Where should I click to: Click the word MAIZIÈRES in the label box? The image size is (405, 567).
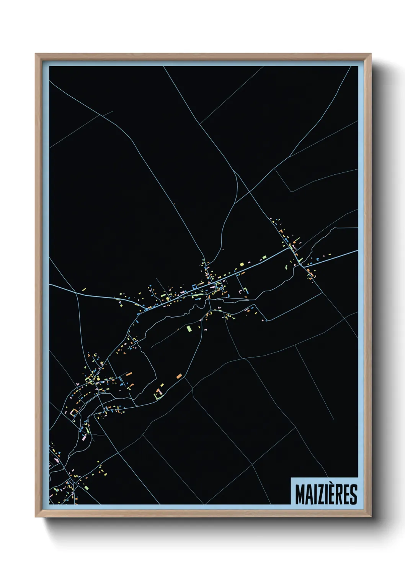326,495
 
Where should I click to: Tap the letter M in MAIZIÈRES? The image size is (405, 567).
300,495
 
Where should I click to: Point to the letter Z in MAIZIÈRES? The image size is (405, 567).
318,495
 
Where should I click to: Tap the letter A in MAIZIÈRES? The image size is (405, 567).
308,495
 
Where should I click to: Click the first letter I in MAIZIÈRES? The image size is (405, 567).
314,495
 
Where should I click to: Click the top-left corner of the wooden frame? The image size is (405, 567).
36,54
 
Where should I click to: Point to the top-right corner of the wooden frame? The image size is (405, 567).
371,54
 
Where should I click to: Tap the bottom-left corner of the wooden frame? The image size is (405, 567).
36,517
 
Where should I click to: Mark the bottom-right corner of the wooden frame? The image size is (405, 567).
371,517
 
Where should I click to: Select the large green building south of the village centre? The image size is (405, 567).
189,328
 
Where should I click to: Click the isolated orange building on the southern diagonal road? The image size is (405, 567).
179,376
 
